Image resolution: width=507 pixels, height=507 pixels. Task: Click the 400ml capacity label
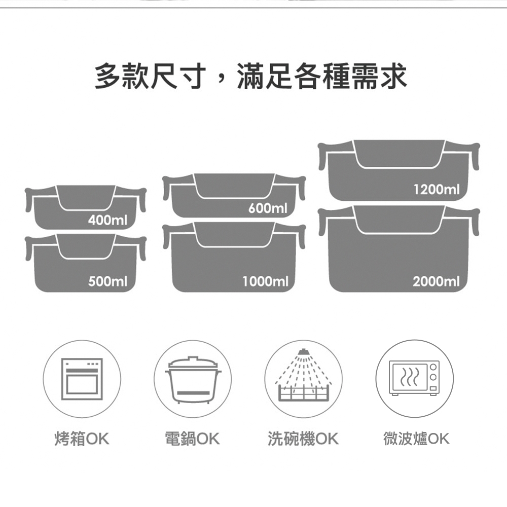[107, 221]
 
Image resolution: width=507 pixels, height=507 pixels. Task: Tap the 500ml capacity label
[107, 281]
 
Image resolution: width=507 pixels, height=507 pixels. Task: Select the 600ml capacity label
[268, 208]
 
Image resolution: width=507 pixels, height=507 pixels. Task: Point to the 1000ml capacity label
[265, 281]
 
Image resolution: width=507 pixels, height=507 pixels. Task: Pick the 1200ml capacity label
[437, 190]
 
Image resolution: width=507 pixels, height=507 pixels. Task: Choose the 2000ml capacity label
[436, 281]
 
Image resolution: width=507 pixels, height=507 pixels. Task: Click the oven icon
[82, 379]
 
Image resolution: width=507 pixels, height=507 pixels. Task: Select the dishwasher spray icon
[303, 375]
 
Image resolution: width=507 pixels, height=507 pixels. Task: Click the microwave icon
[414, 378]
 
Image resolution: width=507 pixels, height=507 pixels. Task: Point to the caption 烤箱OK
[82, 439]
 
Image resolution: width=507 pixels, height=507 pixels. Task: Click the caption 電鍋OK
[192, 439]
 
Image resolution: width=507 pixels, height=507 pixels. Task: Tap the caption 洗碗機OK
[303, 439]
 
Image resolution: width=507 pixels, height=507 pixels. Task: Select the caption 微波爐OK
[416, 439]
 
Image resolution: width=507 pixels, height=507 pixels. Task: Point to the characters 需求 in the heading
[379, 77]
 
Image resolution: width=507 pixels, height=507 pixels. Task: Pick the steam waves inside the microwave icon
[409, 377]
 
